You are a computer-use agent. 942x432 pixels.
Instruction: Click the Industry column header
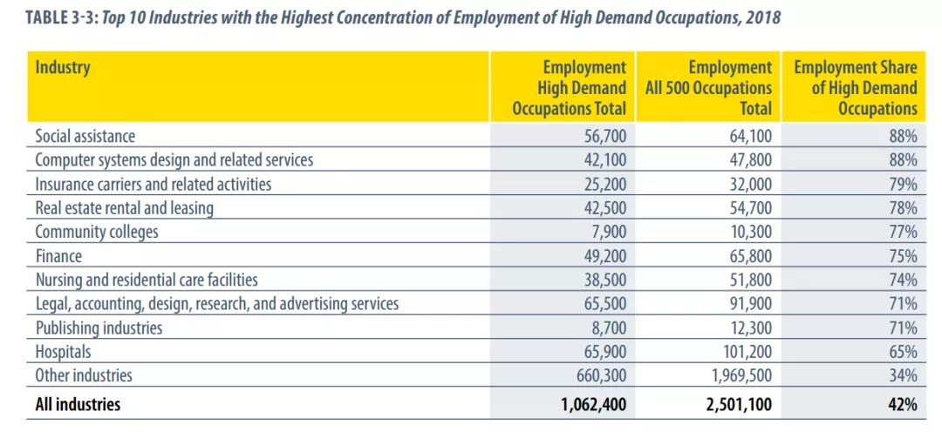(x=62, y=67)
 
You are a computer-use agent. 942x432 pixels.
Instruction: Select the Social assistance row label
(x=85, y=137)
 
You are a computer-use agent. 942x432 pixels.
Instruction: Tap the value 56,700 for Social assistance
(x=604, y=137)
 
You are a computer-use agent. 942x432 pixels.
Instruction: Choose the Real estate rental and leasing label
(x=125, y=208)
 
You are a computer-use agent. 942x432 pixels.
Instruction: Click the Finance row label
(x=58, y=256)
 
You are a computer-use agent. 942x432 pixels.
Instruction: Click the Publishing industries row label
(x=99, y=328)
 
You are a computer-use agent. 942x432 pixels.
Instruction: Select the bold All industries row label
(x=78, y=404)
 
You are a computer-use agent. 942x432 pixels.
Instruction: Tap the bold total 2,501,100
(x=738, y=404)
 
